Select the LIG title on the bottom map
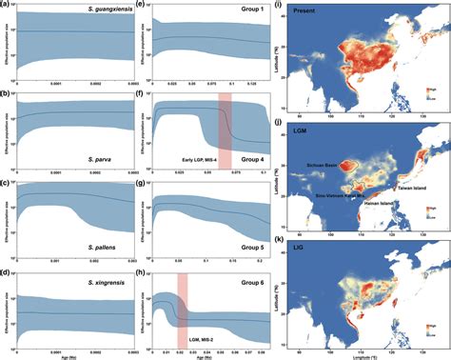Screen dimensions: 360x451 click(304, 254)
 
